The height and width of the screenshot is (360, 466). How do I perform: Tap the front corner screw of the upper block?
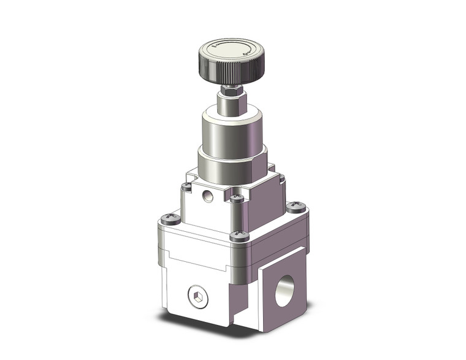(237, 197)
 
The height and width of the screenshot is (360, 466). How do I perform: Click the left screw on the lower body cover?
(167, 218)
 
